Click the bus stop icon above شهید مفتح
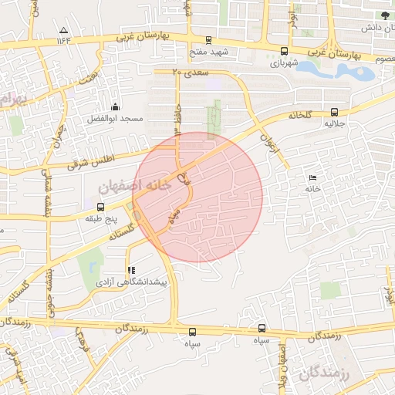(x=208, y=40)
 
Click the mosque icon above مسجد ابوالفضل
(x=116, y=106)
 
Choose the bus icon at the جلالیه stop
(x=333, y=112)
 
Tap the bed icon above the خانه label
(x=312, y=177)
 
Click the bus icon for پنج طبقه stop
(x=100, y=207)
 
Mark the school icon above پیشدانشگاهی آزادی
(x=131, y=271)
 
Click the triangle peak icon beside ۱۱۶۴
(x=62, y=31)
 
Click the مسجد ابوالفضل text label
(x=116, y=120)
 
